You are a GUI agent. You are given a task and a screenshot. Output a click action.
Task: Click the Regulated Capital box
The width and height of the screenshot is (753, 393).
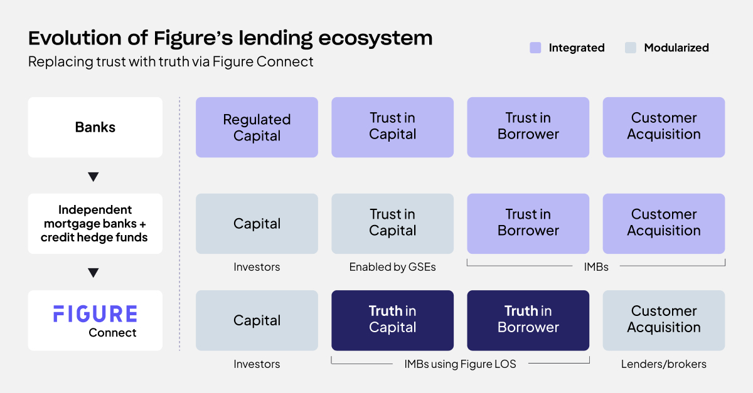257,127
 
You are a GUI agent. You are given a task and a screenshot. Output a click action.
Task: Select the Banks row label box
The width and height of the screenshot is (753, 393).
95,127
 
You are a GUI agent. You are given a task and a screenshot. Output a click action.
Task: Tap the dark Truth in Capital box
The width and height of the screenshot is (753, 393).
392,320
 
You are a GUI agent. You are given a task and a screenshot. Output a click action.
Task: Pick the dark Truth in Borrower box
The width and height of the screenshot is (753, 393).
528,320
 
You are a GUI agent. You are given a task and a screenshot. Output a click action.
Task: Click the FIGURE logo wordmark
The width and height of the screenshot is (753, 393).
95,314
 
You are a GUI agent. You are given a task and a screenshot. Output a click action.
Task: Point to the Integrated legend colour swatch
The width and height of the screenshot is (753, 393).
535,48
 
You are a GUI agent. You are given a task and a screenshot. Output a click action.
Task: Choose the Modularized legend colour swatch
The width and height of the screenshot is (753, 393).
631,48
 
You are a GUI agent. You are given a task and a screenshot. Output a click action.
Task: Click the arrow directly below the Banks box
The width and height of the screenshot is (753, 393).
93,177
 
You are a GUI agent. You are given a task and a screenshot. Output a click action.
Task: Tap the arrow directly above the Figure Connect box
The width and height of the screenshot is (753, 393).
93,273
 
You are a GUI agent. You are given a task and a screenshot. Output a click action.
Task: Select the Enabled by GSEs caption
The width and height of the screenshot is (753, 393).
392,267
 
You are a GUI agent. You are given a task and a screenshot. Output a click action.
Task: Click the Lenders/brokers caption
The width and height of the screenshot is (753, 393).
663,364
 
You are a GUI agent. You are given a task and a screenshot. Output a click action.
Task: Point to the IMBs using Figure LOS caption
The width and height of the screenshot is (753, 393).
460,364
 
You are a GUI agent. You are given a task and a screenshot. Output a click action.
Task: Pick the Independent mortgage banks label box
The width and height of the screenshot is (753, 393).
95,224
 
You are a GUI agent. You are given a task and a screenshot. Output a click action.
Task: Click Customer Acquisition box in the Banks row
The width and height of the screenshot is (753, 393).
663,127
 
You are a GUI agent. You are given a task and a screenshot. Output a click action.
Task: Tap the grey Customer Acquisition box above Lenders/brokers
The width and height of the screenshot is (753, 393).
663,320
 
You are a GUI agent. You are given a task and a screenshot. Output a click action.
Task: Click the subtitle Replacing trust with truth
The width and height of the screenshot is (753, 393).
171,62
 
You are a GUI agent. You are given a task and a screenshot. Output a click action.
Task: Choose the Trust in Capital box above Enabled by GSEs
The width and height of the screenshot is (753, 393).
392,223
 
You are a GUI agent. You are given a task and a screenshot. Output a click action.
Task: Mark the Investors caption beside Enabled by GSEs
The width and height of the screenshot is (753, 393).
257,267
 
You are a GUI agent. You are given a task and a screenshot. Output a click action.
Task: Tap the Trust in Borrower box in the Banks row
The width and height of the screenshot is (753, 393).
528,127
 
